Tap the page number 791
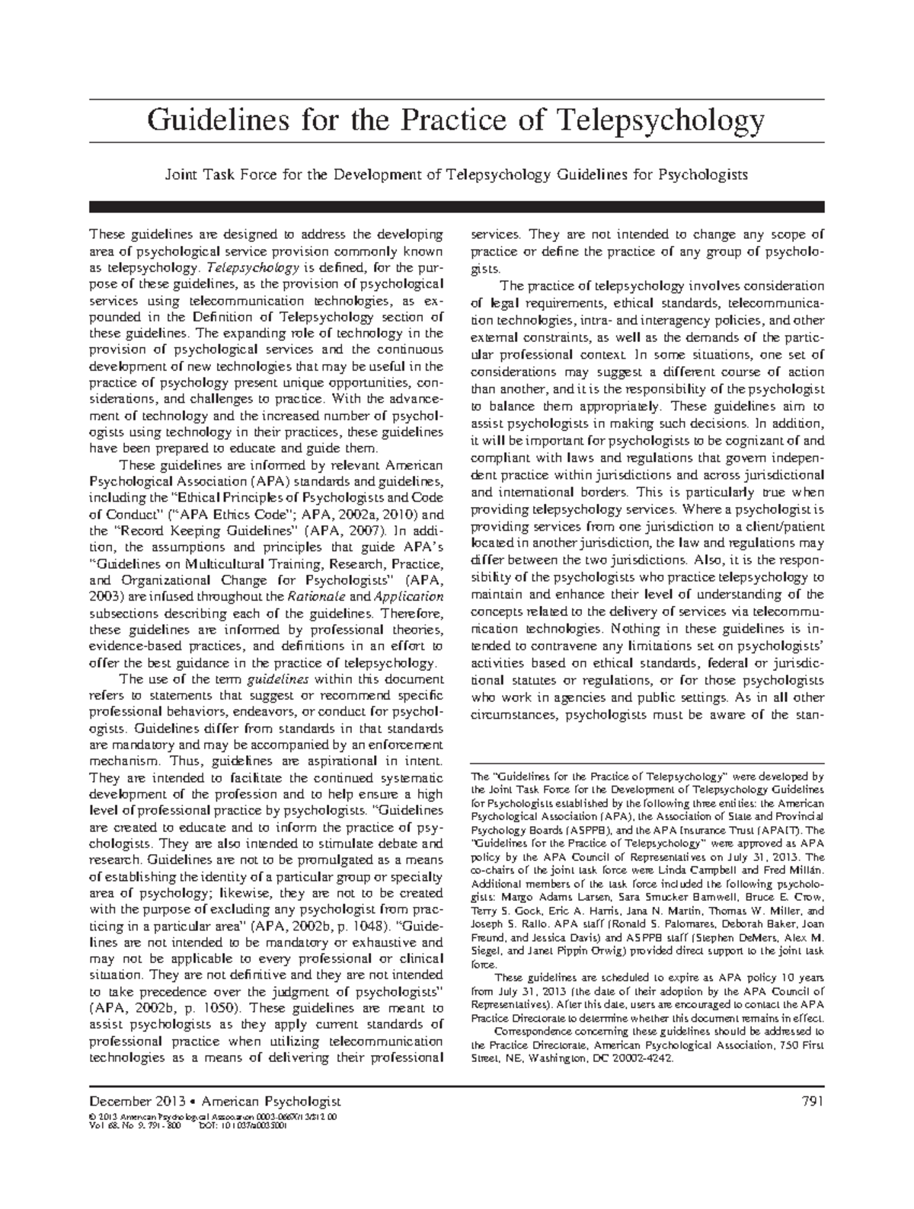(x=812, y=1101)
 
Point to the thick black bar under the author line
(x=457, y=206)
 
